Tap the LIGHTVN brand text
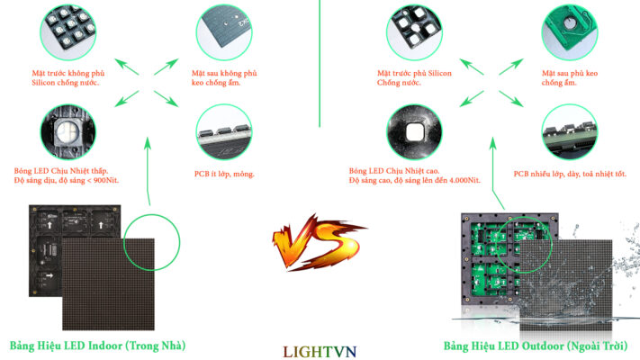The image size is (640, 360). tap(320, 348)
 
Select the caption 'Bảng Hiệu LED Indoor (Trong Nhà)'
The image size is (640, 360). tap(99, 346)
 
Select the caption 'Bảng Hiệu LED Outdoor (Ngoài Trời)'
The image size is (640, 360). tap(536, 346)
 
